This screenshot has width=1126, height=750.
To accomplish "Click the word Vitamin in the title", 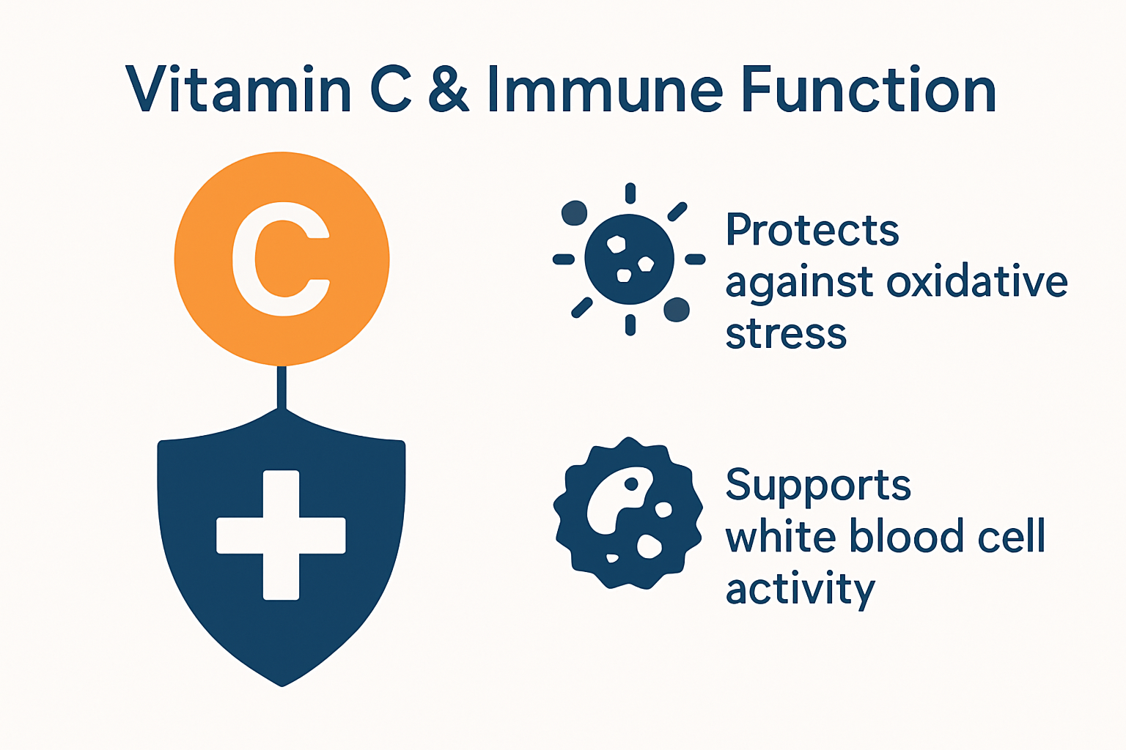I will pyautogui.click(x=238, y=89).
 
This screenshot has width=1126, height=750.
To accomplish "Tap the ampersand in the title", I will pyautogui.click(x=448, y=89).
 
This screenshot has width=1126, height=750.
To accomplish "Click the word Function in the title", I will pyautogui.click(x=869, y=89).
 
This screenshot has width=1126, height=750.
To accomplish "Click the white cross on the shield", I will pyautogui.click(x=281, y=535).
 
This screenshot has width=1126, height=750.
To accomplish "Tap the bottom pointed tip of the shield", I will pyautogui.click(x=282, y=683).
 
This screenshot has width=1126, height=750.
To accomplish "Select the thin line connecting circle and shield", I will pyautogui.click(x=281, y=387).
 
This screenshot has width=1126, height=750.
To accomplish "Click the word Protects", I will pyautogui.click(x=812, y=230).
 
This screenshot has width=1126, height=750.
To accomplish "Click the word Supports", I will pyautogui.click(x=818, y=486).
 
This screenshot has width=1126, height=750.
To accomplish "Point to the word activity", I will pyautogui.click(x=801, y=590).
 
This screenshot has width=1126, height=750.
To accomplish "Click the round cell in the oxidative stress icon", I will pyautogui.click(x=629, y=259).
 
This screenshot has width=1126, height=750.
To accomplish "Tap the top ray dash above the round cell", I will pyautogui.click(x=630, y=193).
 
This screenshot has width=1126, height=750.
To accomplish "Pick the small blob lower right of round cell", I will pyautogui.click(x=676, y=309).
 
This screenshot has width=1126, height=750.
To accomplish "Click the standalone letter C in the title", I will pyautogui.click(x=391, y=89).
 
